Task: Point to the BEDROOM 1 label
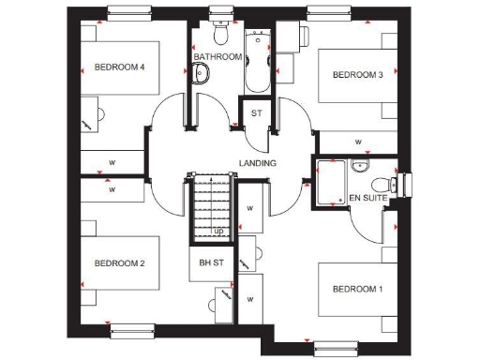coord(357,288)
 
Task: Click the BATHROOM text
coord(217,57)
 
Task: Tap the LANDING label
coord(258,163)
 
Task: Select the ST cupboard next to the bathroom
coord(257,113)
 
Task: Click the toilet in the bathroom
coord(221,34)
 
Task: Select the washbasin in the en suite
coord(359,166)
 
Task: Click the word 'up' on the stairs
coord(218,231)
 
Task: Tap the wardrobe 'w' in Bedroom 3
coord(358,142)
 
